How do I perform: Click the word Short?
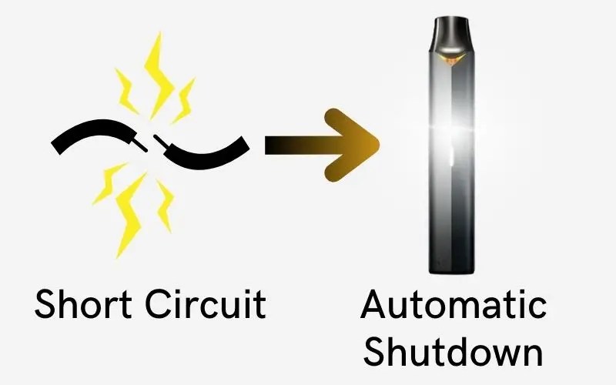click(x=82, y=304)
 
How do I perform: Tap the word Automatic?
click(x=454, y=306)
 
